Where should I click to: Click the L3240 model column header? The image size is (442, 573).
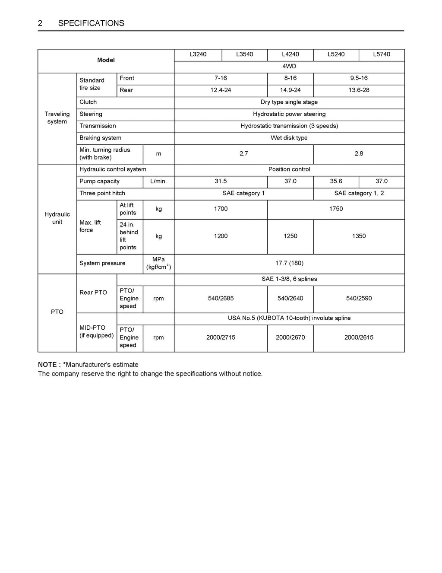point(198,54)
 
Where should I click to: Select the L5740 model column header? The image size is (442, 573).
point(382,54)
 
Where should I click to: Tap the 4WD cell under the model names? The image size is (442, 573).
point(289,67)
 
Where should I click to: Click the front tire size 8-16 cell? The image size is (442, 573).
point(290,78)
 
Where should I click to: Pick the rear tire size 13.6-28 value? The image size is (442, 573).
point(359,90)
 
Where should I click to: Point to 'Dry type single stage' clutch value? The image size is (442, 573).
point(289,102)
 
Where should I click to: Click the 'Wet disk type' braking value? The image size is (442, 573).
point(289,138)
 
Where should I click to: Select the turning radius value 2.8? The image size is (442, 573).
point(359,154)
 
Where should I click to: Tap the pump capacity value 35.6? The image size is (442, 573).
point(336,181)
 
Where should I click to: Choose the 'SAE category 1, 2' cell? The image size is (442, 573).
point(359,194)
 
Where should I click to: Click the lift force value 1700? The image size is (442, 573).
point(221,209)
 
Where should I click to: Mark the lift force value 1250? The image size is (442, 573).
point(290,236)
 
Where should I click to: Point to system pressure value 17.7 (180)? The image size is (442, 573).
point(289,264)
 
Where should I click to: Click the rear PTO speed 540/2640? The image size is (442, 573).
point(290,299)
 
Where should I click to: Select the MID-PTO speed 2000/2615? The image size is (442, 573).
point(359,337)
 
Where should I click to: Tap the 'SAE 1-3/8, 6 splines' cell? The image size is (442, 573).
point(289,280)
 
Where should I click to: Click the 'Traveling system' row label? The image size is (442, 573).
point(57,118)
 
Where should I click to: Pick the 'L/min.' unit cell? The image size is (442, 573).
point(158,181)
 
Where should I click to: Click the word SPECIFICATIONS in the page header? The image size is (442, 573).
point(91,23)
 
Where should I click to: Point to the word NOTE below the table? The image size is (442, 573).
point(47,365)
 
